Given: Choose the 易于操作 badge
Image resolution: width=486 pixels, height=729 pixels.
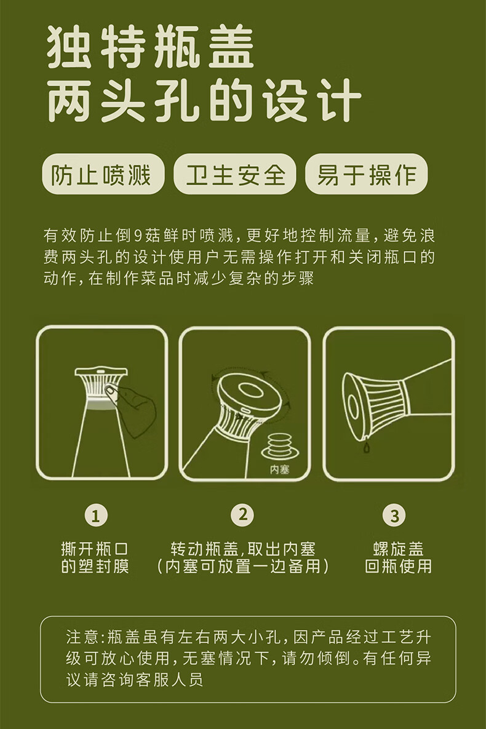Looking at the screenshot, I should click(x=366, y=175).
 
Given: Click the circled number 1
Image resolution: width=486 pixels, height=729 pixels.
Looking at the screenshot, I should click(x=95, y=516).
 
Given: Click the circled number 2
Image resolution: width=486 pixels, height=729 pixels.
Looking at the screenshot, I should click(x=242, y=515).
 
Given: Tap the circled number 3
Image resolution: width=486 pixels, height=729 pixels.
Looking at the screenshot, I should click(x=394, y=516).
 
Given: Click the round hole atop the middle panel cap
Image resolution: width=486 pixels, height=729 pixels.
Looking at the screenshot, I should click(x=252, y=391).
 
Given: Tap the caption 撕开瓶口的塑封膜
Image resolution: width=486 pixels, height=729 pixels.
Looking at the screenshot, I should click(x=95, y=557).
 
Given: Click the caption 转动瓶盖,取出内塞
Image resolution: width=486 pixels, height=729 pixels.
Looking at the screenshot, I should click(x=242, y=549).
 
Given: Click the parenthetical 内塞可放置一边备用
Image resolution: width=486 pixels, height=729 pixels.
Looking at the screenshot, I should click(x=242, y=566).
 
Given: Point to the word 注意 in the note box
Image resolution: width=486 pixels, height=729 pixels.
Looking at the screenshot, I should click(x=81, y=636).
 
